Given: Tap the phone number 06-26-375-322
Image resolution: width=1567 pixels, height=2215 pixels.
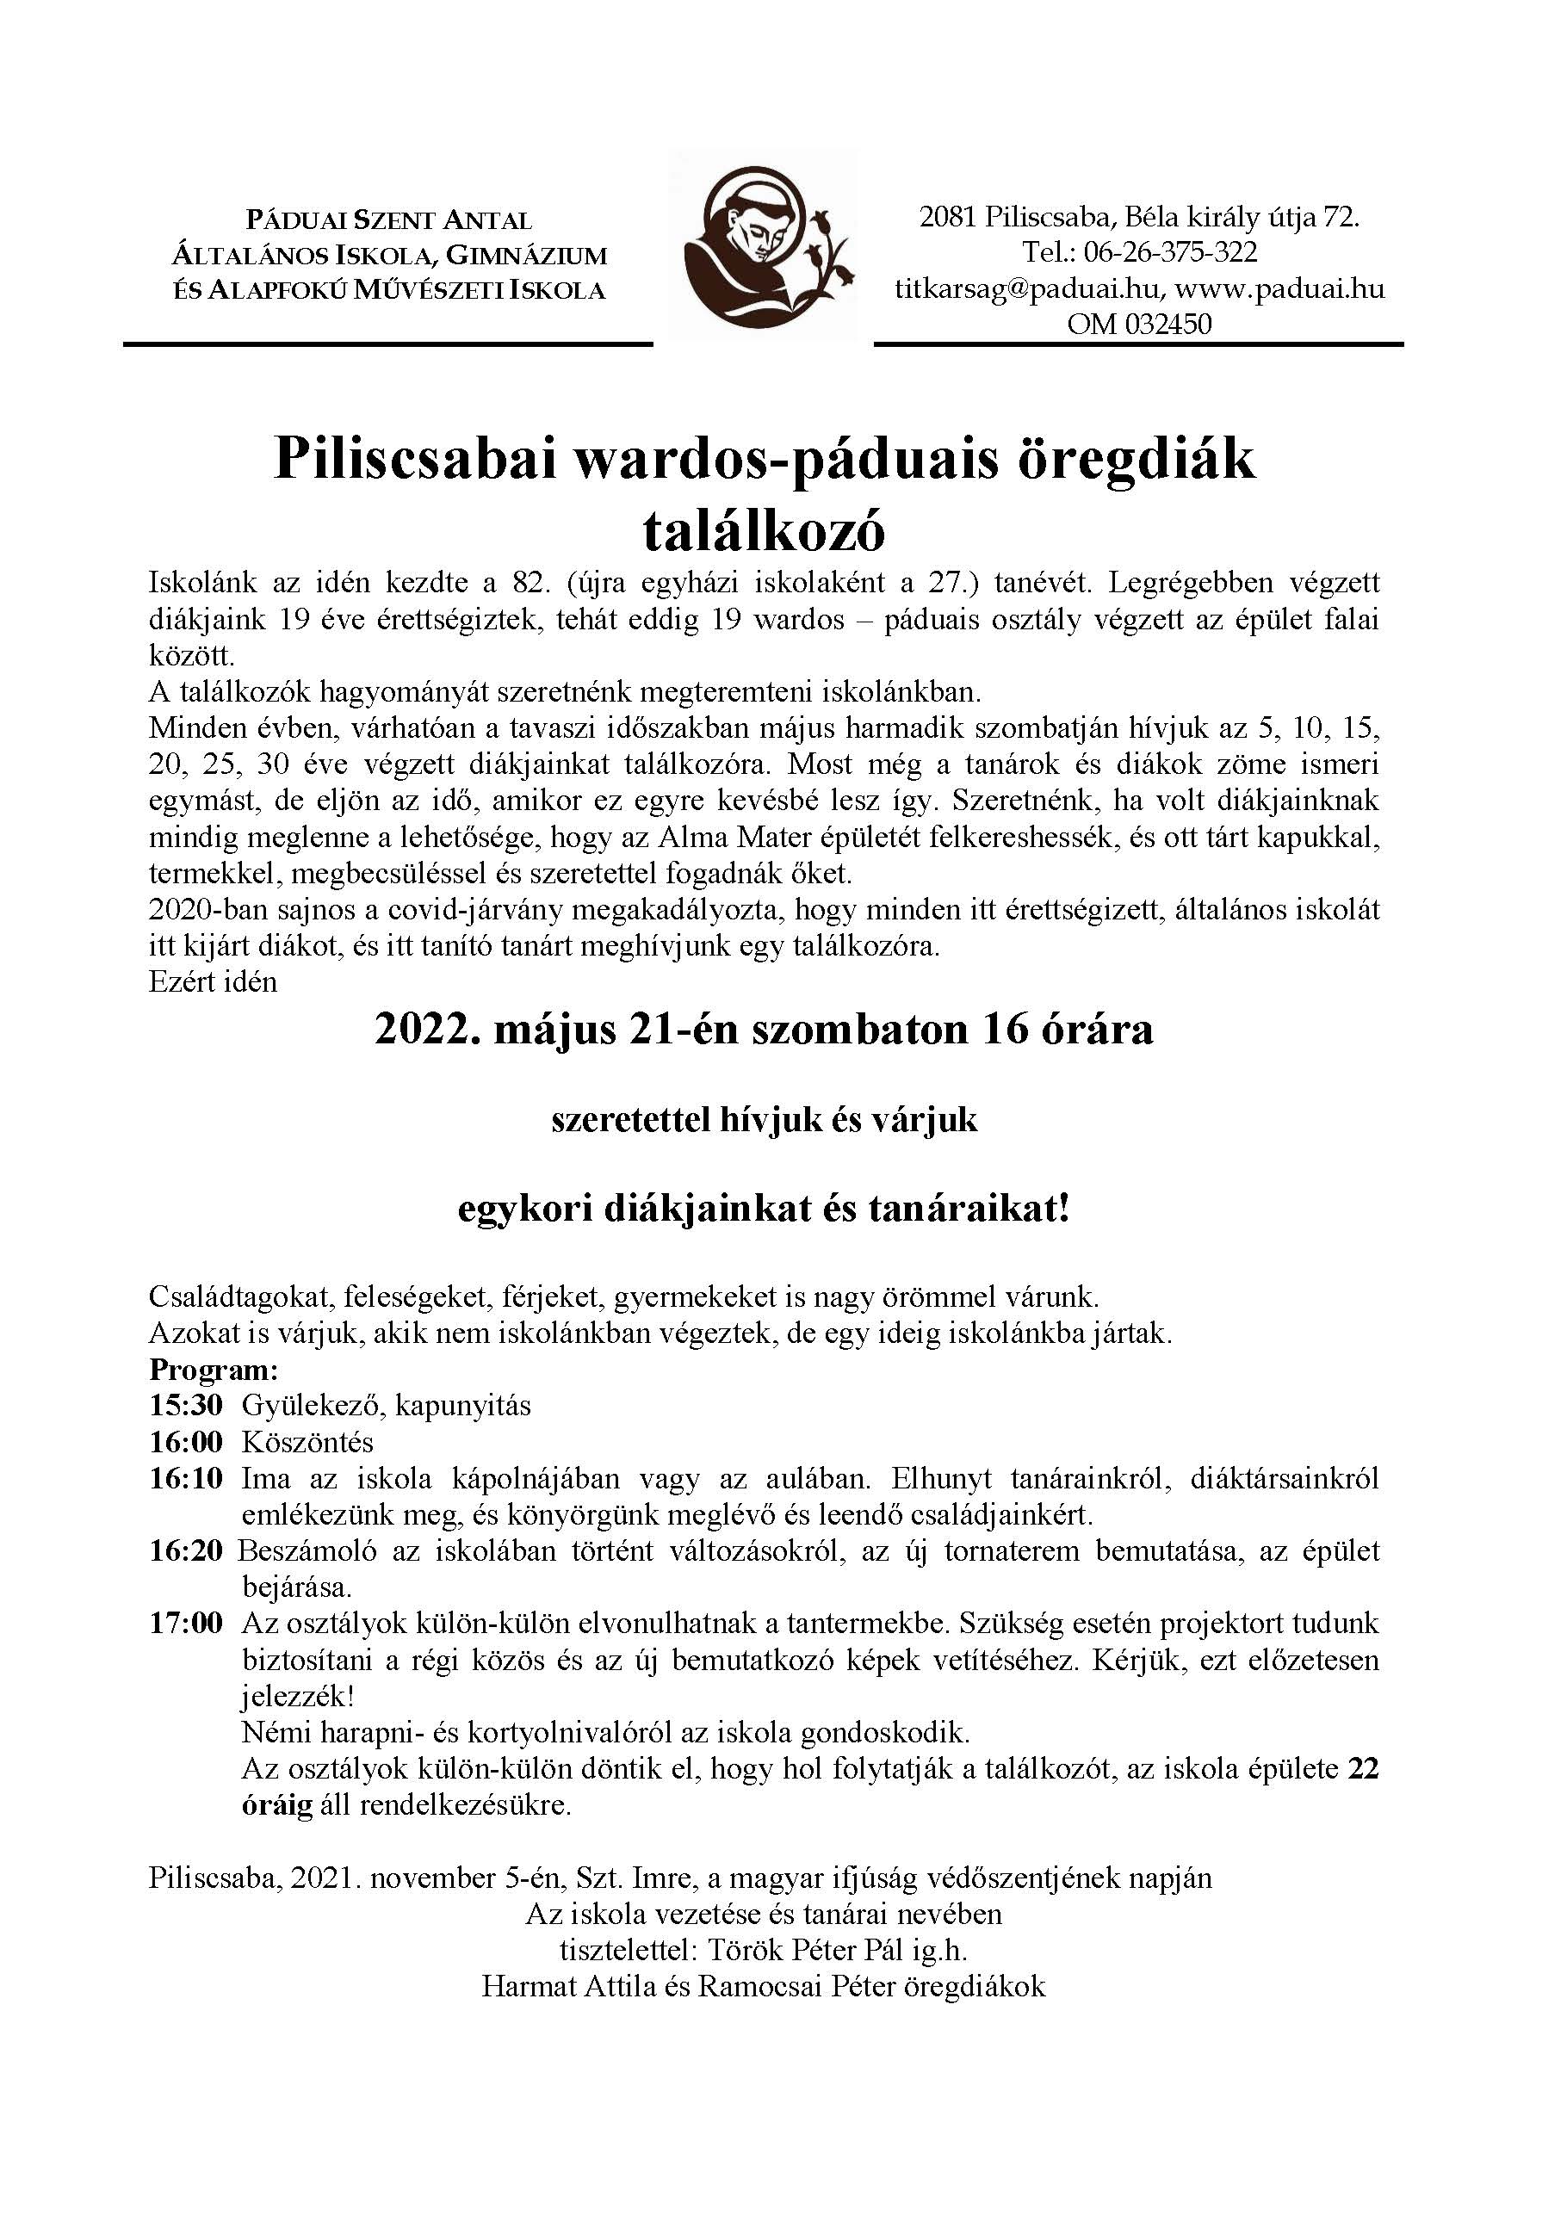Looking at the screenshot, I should click(x=1169, y=253).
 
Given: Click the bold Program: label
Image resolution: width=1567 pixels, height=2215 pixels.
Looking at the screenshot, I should click(x=214, y=1370).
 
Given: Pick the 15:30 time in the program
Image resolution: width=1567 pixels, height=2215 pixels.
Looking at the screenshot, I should click(x=185, y=1405).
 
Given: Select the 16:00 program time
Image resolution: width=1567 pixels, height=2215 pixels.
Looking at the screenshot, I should click(x=185, y=1441).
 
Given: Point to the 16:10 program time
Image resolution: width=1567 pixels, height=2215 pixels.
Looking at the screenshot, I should click(x=185, y=1478).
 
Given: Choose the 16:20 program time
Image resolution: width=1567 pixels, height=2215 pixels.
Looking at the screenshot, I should click(x=185, y=1550).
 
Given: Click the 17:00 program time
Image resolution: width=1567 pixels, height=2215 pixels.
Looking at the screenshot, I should click(x=185, y=1623).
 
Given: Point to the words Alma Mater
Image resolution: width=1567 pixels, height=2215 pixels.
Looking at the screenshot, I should click(x=738, y=837).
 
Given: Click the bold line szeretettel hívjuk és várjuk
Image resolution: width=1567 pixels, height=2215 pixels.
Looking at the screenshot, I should click(x=765, y=1119).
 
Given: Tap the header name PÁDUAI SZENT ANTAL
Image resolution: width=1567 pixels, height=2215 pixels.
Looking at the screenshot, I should click(x=389, y=221).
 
